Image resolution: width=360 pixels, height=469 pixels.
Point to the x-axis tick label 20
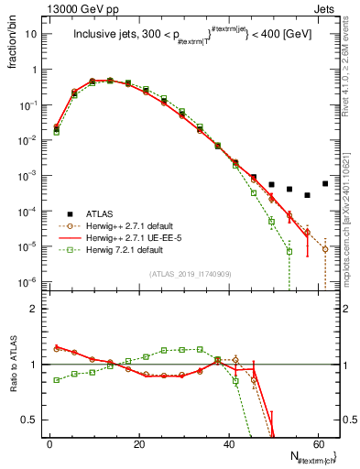click(139, 444)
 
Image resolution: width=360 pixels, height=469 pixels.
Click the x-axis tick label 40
click(229, 444)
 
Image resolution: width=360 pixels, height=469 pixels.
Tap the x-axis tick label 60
click(319, 444)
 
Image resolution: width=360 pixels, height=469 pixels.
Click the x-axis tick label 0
click(49, 444)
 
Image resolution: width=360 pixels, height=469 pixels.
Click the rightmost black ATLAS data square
click(325, 183)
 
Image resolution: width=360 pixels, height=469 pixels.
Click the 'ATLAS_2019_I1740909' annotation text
click(191, 274)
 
